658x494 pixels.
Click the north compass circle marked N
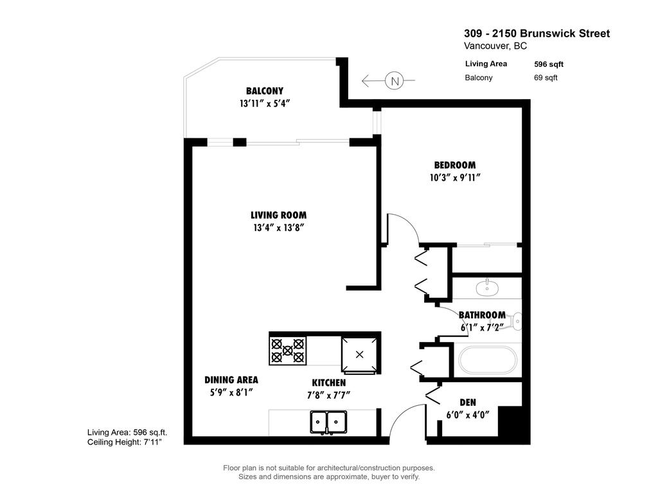[x=395, y=81]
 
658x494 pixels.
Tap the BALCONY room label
[x=264, y=91]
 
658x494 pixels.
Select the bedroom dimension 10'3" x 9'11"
[x=455, y=178]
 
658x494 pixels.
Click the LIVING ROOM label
[x=278, y=215]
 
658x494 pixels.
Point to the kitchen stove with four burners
[x=287, y=351]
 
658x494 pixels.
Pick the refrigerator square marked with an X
[x=359, y=354]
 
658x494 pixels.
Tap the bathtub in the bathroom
[x=486, y=361]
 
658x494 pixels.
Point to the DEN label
[x=468, y=402]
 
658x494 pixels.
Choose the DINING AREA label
[x=231, y=380]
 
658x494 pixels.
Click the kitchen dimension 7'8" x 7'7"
[x=329, y=394]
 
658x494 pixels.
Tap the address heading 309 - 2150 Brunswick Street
[x=537, y=33]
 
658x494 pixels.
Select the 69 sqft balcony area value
[x=546, y=78]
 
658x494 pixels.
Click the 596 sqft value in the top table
[x=549, y=64]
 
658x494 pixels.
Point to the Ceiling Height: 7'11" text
[x=127, y=443]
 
